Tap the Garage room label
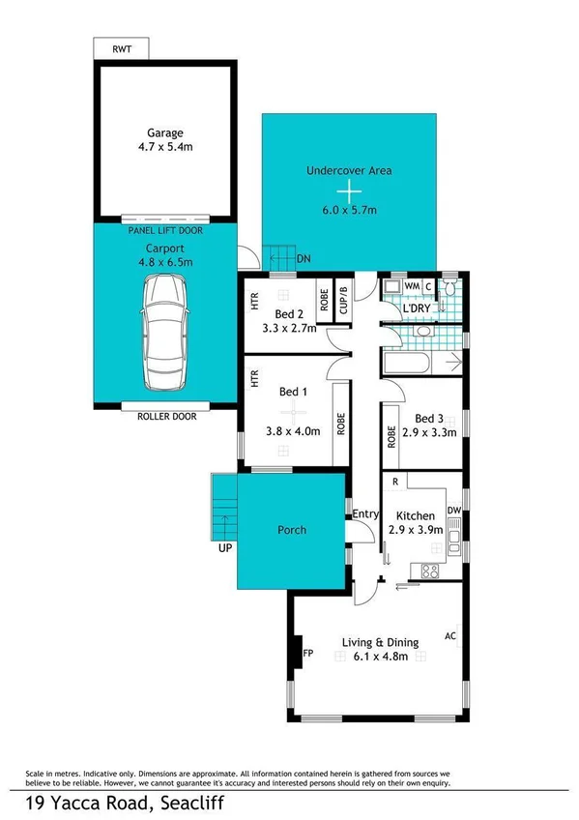164,132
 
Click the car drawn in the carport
164,331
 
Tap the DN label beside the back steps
304,259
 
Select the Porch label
292,530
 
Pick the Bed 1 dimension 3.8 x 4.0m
292,432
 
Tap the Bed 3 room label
429,418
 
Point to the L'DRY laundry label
425,309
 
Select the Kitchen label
414,516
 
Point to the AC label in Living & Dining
449,636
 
